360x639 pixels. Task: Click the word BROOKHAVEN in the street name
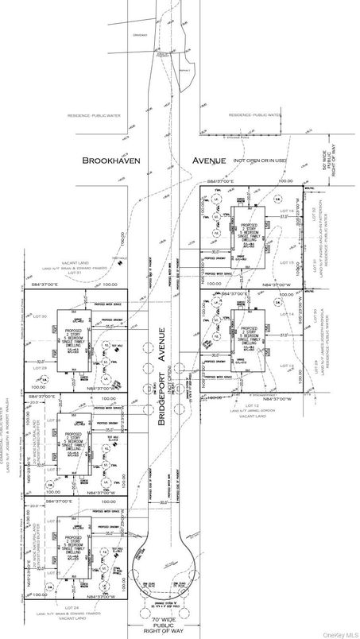point(114,161)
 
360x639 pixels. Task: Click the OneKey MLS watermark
point(339,633)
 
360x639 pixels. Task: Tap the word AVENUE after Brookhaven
point(207,161)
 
